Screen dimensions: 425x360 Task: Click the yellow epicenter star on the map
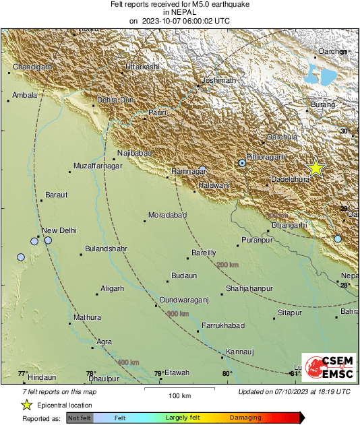click(x=316, y=168)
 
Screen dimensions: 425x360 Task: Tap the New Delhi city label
click(x=59, y=230)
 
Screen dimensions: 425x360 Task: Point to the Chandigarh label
click(x=33, y=67)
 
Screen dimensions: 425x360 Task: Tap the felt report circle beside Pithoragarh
click(x=243, y=163)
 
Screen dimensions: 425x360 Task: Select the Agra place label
click(x=104, y=341)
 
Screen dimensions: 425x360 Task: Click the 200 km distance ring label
click(x=228, y=265)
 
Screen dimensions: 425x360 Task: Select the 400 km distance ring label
click(x=127, y=363)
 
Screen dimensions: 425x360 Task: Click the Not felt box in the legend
click(x=80, y=418)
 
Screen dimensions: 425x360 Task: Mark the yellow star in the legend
click(x=26, y=405)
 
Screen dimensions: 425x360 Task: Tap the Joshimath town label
click(x=219, y=80)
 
